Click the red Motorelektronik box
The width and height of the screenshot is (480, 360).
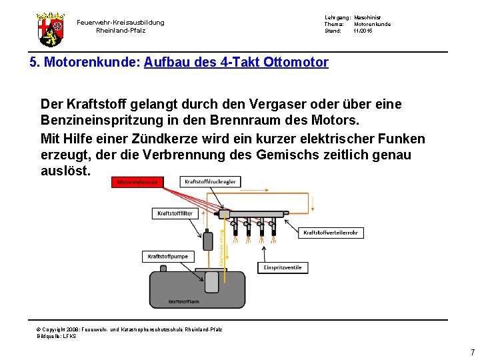click(138, 182)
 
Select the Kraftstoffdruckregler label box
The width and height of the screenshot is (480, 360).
click(210, 181)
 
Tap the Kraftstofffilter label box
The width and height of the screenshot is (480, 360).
click(175, 213)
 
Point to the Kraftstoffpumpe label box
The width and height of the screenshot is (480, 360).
click(167, 256)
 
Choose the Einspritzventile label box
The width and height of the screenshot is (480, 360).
click(283, 267)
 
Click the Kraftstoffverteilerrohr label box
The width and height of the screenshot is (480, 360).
click(331, 233)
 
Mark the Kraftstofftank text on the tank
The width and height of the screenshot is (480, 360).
click(184, 301)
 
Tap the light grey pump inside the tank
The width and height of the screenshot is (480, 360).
click(212, 282)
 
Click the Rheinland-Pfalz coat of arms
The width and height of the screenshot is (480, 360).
click(51, 29)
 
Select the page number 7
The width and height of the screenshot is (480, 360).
click(472, 353)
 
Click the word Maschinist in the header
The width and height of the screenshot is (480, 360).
click(367, 17)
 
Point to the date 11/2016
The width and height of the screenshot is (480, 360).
click(363, 31)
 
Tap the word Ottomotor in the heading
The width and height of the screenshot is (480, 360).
click(296, 63)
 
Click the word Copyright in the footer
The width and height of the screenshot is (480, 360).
click(57, 329)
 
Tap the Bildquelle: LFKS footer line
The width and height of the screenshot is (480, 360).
click(57, 336)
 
